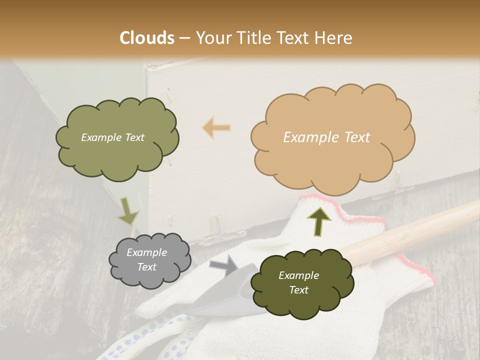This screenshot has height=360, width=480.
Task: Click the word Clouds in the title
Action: (x=147, y=38)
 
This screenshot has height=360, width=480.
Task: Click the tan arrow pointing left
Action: (x=216, y=128)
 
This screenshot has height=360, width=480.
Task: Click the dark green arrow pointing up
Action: (x=319, y=220)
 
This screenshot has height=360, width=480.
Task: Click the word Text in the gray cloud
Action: (x=147, y=267)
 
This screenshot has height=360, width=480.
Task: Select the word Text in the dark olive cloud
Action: (x=298, y=290)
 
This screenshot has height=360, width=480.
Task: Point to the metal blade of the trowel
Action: (x=220, y=300)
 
